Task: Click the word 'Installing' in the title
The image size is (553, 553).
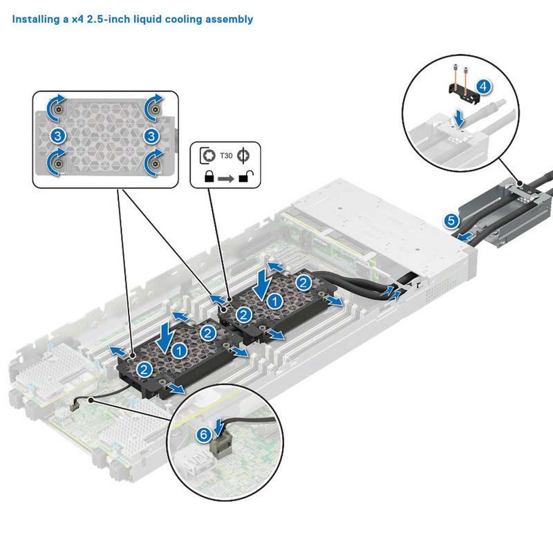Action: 34,19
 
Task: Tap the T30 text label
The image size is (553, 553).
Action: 227,156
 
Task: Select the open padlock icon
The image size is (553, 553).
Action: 245,177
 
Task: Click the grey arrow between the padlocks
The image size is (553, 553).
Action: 226,178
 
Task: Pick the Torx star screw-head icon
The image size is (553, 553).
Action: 207,156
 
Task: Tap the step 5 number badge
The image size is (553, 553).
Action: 451,221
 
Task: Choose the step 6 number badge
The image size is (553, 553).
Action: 203,435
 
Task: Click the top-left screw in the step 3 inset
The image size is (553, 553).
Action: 60,109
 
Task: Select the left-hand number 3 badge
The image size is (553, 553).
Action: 58,134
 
